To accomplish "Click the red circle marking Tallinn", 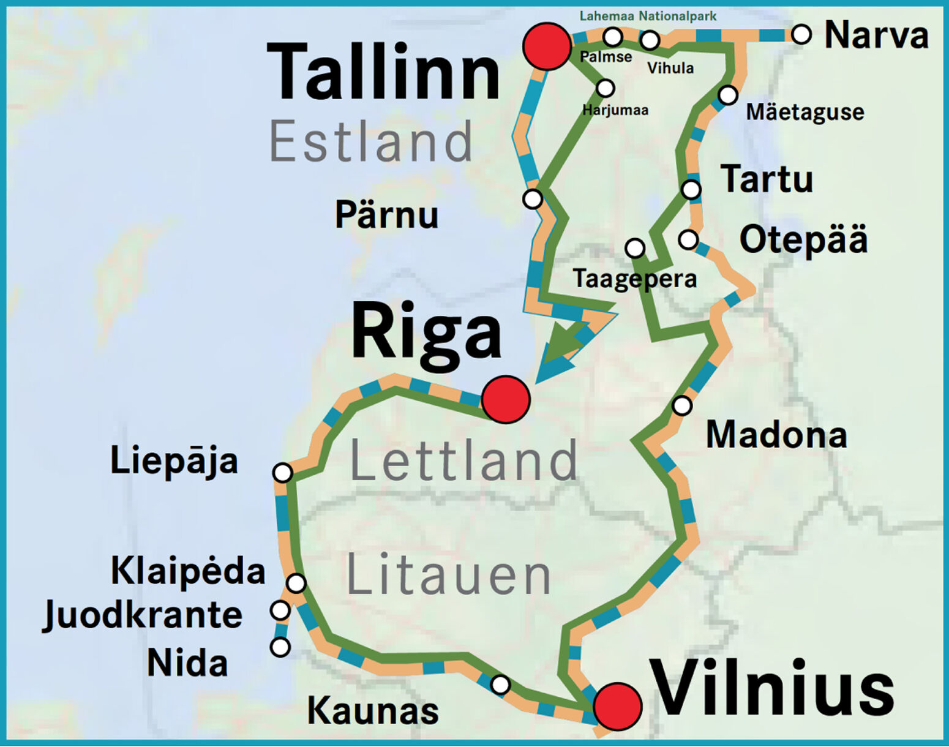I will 547,46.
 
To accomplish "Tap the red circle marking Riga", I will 505,399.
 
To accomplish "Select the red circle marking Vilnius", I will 617,706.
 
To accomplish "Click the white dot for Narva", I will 801,34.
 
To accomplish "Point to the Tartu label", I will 767,179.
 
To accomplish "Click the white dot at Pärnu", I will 533,199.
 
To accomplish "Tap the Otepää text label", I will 803,239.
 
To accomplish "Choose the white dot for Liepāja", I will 282,473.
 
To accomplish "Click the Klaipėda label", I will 188,571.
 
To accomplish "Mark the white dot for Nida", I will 280,647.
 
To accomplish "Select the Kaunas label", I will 373,711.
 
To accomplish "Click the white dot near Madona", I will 682,405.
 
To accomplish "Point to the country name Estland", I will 371,142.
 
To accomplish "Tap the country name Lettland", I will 463,460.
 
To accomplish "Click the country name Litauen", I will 449,575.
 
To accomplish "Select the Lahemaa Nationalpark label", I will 648,16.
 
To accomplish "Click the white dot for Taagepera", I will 635,248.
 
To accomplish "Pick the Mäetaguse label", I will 805,112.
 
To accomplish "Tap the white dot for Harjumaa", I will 605,88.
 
